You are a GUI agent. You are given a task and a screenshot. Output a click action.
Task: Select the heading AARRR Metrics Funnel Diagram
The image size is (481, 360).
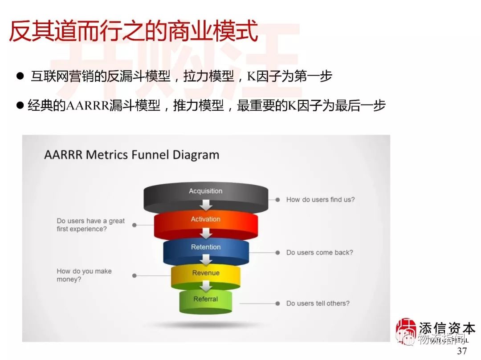click(132, 155)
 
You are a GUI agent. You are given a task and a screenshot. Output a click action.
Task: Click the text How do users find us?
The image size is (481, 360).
click(320, 200)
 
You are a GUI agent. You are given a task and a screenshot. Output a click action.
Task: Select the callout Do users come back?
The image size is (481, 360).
click(319, 252)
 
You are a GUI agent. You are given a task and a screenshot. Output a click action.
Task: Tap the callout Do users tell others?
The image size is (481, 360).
click(318, 303)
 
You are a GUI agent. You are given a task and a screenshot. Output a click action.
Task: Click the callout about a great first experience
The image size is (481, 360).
click(90, 225)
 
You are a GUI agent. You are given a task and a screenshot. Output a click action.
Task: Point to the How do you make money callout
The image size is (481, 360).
click(84, 275)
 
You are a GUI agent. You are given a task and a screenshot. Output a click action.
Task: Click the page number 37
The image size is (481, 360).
click(462, 351)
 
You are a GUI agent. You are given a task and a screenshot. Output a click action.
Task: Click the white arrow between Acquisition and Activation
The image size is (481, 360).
click(205, 205)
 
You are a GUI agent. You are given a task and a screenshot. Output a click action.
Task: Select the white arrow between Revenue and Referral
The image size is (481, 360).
click(205, 286)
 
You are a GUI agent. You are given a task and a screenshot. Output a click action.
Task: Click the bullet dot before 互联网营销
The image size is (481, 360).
click(20, 77)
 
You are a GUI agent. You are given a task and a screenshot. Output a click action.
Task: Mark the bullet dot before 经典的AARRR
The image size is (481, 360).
click(20, 106)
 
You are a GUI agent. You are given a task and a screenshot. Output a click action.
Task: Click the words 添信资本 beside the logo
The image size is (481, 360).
click(447, 328)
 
